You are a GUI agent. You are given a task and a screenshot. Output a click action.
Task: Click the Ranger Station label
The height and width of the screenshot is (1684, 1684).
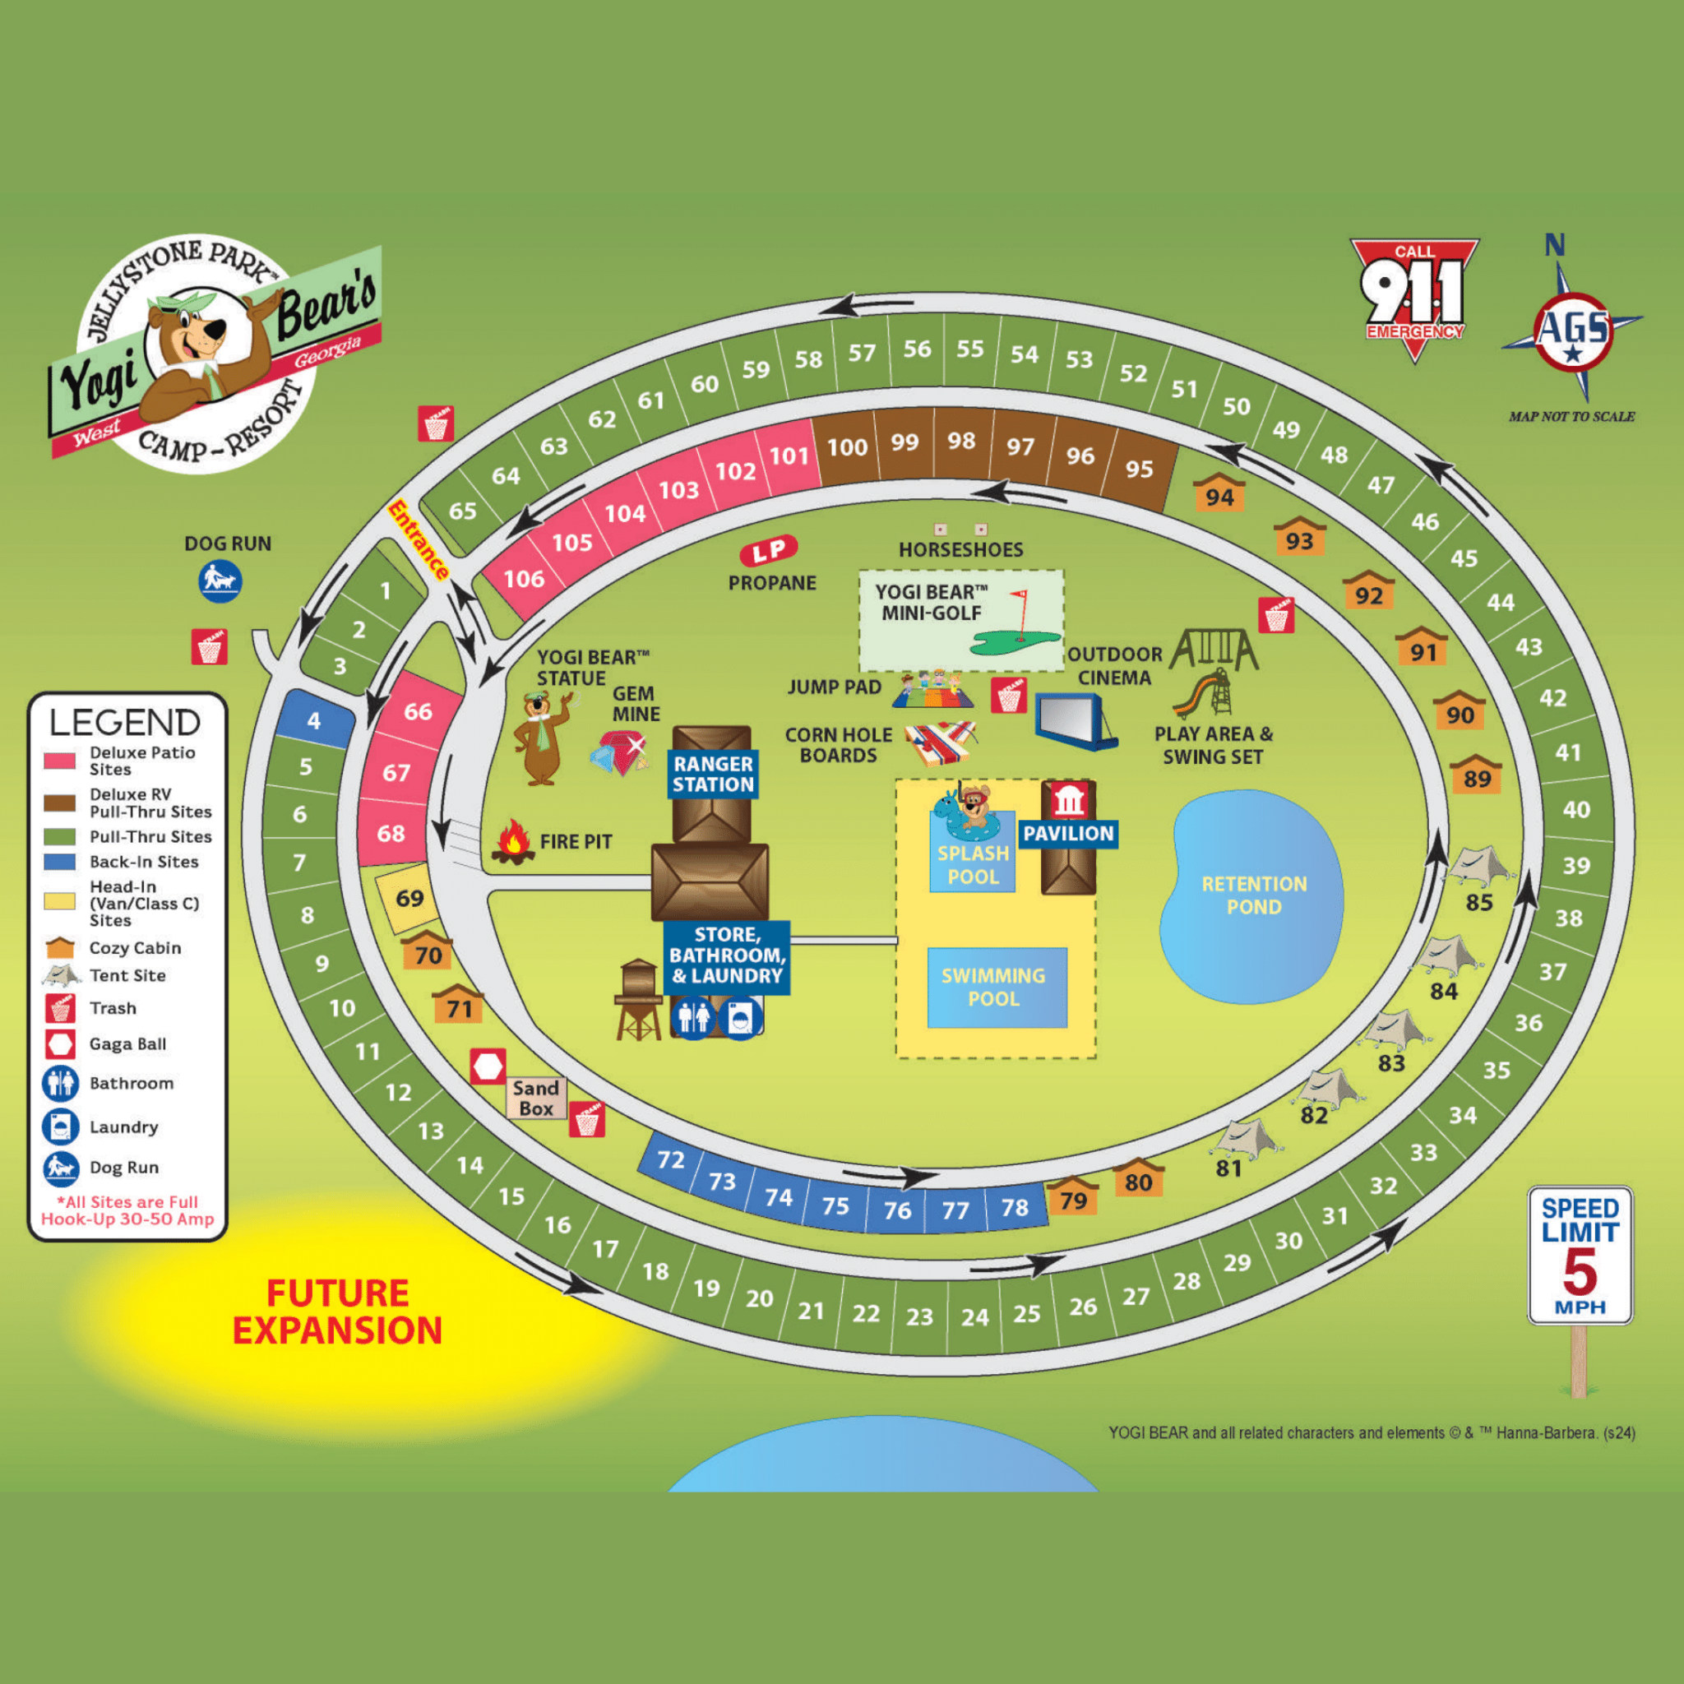click(713, 774)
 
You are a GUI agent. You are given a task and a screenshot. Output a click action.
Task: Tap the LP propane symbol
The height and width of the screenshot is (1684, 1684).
click(769, 551)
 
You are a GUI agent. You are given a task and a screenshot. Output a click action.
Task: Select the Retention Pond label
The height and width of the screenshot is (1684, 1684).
click(1253, 895)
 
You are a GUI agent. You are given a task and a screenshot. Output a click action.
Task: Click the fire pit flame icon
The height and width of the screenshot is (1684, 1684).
click(513, 842)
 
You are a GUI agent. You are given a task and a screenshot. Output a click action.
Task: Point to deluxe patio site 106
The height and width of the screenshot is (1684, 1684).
click(524, 579)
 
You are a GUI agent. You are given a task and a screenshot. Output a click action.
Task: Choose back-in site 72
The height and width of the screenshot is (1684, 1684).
click(670, 1160)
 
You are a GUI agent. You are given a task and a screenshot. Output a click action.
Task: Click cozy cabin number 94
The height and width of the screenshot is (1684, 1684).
click(1219, 494)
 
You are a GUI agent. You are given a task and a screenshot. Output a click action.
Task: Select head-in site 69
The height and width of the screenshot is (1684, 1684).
click(409, 898)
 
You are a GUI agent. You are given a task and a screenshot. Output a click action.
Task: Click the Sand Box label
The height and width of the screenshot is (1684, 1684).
click(535, 1099)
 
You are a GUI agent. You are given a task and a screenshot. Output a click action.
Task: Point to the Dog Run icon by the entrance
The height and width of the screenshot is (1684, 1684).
click(220, 581)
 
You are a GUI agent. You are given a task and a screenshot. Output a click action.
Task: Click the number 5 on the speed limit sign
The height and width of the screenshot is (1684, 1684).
click(1580, 1273)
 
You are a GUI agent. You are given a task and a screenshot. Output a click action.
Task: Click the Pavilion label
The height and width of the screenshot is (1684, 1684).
click(1068, 833)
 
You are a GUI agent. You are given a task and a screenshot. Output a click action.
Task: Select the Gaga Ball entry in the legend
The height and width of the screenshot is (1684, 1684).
click(127, 1044)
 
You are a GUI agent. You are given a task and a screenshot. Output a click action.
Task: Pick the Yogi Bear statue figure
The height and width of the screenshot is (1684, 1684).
click(541, 737)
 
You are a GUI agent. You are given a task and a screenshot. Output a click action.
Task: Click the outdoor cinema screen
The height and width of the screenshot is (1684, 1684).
click(1076, 721)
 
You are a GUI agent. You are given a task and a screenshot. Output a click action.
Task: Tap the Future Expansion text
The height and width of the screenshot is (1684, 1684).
click(337, 1312)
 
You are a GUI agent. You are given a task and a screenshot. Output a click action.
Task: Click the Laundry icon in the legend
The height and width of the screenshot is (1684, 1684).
click(60, 1127)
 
